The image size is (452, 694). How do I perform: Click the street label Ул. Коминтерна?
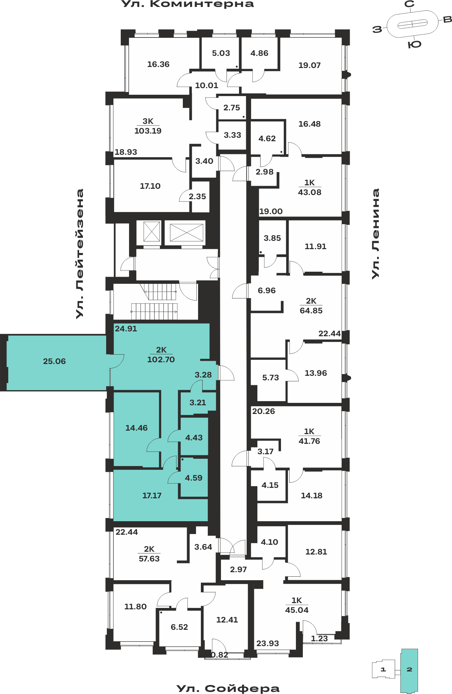pyautogui.click(x=188, y=4)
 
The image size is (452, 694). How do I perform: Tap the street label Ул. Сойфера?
pyautogui.click(x=228, y=688)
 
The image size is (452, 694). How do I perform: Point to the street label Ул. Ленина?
pyautogui.click(x=375, y=233)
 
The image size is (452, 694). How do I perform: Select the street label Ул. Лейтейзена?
pyautogui.click(x=80, y=254)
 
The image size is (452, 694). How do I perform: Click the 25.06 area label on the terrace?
pyautogui.click(x=54, y=361)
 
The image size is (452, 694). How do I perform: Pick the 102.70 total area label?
pyautogui.click(x=161, y=359)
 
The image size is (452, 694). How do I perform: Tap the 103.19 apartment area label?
pyautogui.click(x=148, y=131)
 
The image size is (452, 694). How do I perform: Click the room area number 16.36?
pyautogui.click(x=158, y=64)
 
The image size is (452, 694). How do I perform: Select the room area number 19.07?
pyautogui.click(x=309, y=65)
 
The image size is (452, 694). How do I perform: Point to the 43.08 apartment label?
pyautogui.click(x=310, y=192)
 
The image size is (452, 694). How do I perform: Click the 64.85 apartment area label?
pyautogui.click(x=311, y=311)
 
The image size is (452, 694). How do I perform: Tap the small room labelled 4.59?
pyautogui.click(x=194, y=478)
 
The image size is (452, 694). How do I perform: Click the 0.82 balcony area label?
pyautogui.click(x=220, y=655)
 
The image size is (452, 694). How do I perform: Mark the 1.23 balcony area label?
pyautogui.click(x=319, y=638)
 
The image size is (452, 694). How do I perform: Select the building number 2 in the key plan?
pyautogui.click(x=409, y=669)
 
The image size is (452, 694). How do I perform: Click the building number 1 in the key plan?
pyautogui.click(x=383, y=669)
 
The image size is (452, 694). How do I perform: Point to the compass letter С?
pyautogui.click(x=410, y=4)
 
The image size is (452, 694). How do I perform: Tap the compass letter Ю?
pyautogui.click(x=415, y=44)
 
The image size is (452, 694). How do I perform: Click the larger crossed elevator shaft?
pyautogui.click(x=186, y=232)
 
